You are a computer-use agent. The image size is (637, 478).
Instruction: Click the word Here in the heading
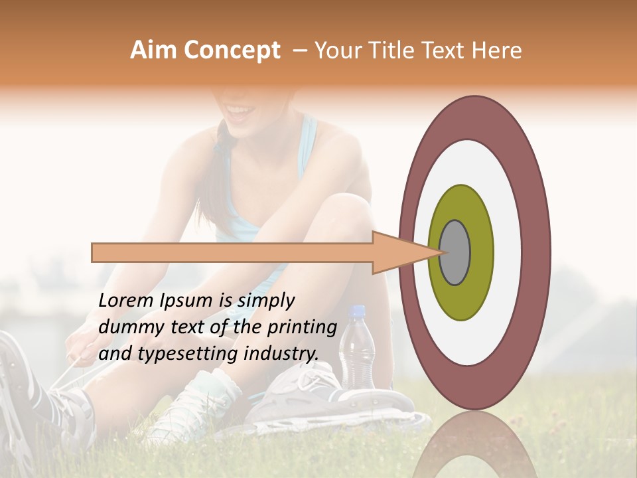point(498,51)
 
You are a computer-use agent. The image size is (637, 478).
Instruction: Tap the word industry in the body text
point(281,354)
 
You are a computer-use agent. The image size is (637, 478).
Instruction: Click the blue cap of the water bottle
point(357,311)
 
